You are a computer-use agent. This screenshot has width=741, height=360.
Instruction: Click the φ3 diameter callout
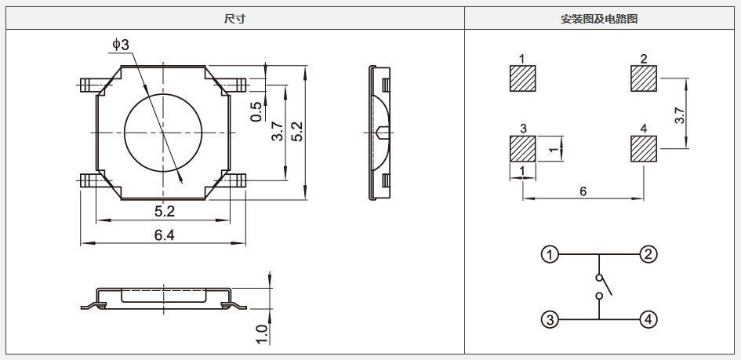121,45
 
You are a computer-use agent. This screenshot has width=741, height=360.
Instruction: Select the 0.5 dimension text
256,111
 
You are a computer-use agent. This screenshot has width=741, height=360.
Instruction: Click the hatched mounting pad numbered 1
523,78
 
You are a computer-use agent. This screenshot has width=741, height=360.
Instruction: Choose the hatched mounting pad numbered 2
644,78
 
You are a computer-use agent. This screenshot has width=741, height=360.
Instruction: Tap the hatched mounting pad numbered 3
523,149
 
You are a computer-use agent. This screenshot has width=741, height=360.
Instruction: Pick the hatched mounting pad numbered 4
644,149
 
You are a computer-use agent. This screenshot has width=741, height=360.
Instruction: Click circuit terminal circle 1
550,255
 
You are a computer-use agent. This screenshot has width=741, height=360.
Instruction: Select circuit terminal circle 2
648,255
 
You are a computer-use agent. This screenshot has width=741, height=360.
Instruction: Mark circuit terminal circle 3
550,320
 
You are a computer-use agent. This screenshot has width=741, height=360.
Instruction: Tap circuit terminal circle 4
648,320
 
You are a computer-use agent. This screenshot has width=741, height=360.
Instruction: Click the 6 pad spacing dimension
583,191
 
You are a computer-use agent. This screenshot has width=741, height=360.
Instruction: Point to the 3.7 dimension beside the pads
679,115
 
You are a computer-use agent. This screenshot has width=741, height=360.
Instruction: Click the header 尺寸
235,19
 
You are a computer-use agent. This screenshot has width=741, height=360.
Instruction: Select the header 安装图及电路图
599,19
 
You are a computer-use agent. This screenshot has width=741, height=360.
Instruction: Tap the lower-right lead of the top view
234,180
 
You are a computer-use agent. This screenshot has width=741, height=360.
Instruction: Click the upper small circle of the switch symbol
599,278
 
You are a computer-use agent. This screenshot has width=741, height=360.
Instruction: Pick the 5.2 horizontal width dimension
165,212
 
